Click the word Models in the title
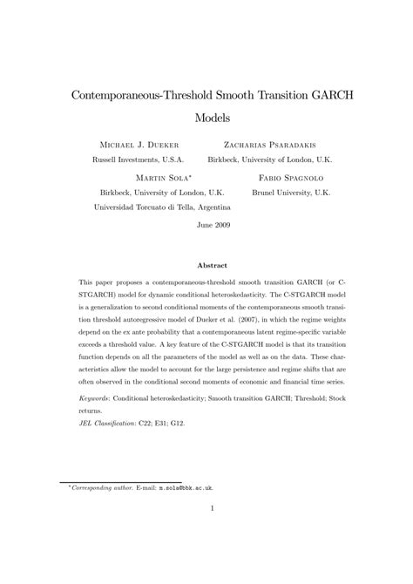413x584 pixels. [206, 115]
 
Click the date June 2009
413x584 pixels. [206, 224]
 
